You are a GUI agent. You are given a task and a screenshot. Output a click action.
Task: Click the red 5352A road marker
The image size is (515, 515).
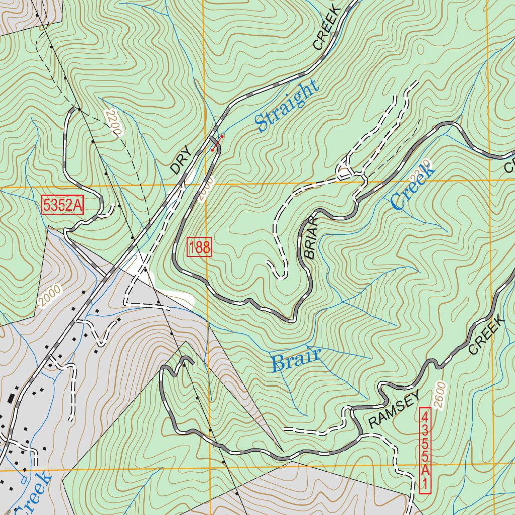[63, 206]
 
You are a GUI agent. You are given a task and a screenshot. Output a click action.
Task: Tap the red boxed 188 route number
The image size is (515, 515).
[200, 247]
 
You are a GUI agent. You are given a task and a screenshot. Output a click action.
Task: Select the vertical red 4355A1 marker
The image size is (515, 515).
[425, 450]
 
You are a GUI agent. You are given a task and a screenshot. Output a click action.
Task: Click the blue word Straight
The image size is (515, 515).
[287, 107]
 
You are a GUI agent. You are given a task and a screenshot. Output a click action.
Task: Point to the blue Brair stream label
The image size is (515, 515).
[296, 360]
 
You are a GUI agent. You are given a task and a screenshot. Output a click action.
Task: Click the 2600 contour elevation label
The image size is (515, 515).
[439, 395]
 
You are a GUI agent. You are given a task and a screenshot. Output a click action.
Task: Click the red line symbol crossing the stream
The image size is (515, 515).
[217, 143]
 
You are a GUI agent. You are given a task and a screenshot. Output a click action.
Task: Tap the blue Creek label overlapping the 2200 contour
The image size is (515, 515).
[412, 187]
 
